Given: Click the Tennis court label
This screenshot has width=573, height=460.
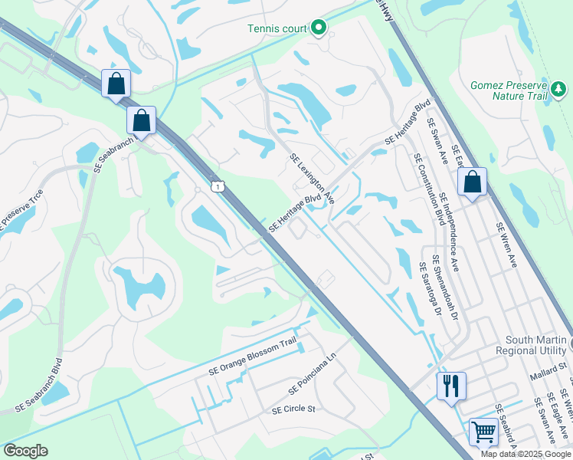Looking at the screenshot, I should click(x=276, y=29).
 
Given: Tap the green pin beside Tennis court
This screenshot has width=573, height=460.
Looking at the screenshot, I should click(x=319, y=28).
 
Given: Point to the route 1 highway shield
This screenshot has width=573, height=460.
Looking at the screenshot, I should click(x=220, y=187).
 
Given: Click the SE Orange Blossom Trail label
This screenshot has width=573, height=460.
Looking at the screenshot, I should click(x=252, y=357).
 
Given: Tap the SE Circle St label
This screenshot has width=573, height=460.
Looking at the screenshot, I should click(x=293, y=409).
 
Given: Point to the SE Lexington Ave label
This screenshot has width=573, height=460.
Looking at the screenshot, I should click(x=312, y=178).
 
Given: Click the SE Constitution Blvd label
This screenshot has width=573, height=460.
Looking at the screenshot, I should click(x=429, y=189).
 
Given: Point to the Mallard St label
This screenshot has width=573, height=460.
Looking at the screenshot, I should click(x=547, y=376).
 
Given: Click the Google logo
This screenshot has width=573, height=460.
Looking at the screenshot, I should click(x=25, y=450).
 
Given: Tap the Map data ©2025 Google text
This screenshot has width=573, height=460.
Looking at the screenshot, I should click(x=526, y=454).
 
